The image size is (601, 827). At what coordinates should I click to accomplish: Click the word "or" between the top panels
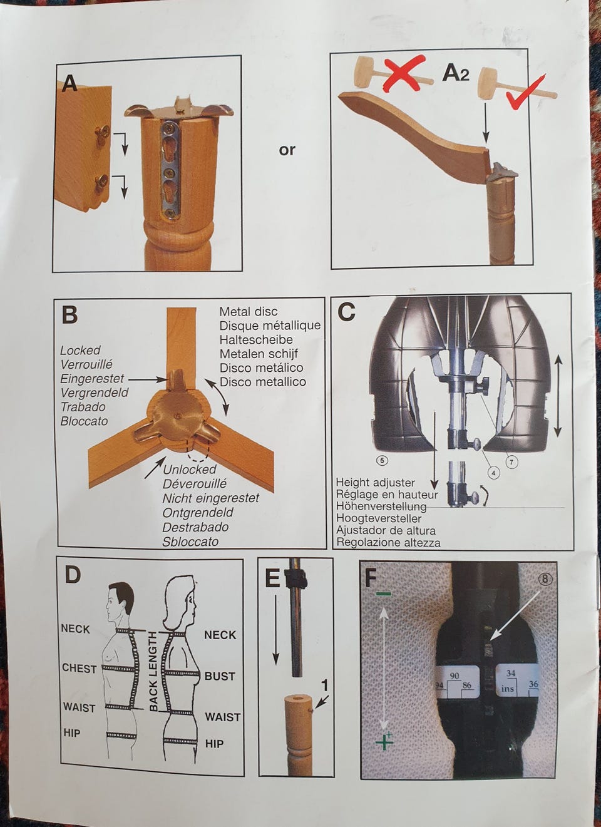pos(287,150)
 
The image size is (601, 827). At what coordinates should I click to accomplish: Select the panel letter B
pos(69,315)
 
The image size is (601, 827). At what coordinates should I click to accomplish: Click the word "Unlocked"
pos(190,470)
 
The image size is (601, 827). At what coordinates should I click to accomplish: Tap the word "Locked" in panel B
pos(80,350)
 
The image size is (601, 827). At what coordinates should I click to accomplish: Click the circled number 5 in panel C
pos(382,460)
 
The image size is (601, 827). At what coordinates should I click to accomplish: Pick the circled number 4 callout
pos(493,473)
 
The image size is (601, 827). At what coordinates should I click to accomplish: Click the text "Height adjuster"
pos(376,483)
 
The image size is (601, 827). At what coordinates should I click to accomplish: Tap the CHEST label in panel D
pos(79,669)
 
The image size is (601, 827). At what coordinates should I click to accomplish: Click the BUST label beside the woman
pos(220,676)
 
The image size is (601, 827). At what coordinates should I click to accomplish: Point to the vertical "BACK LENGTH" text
pos(153,672)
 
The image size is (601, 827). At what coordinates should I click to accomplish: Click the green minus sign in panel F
pos(384,594)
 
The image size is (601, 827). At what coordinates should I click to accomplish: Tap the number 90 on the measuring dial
pos(454,676)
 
